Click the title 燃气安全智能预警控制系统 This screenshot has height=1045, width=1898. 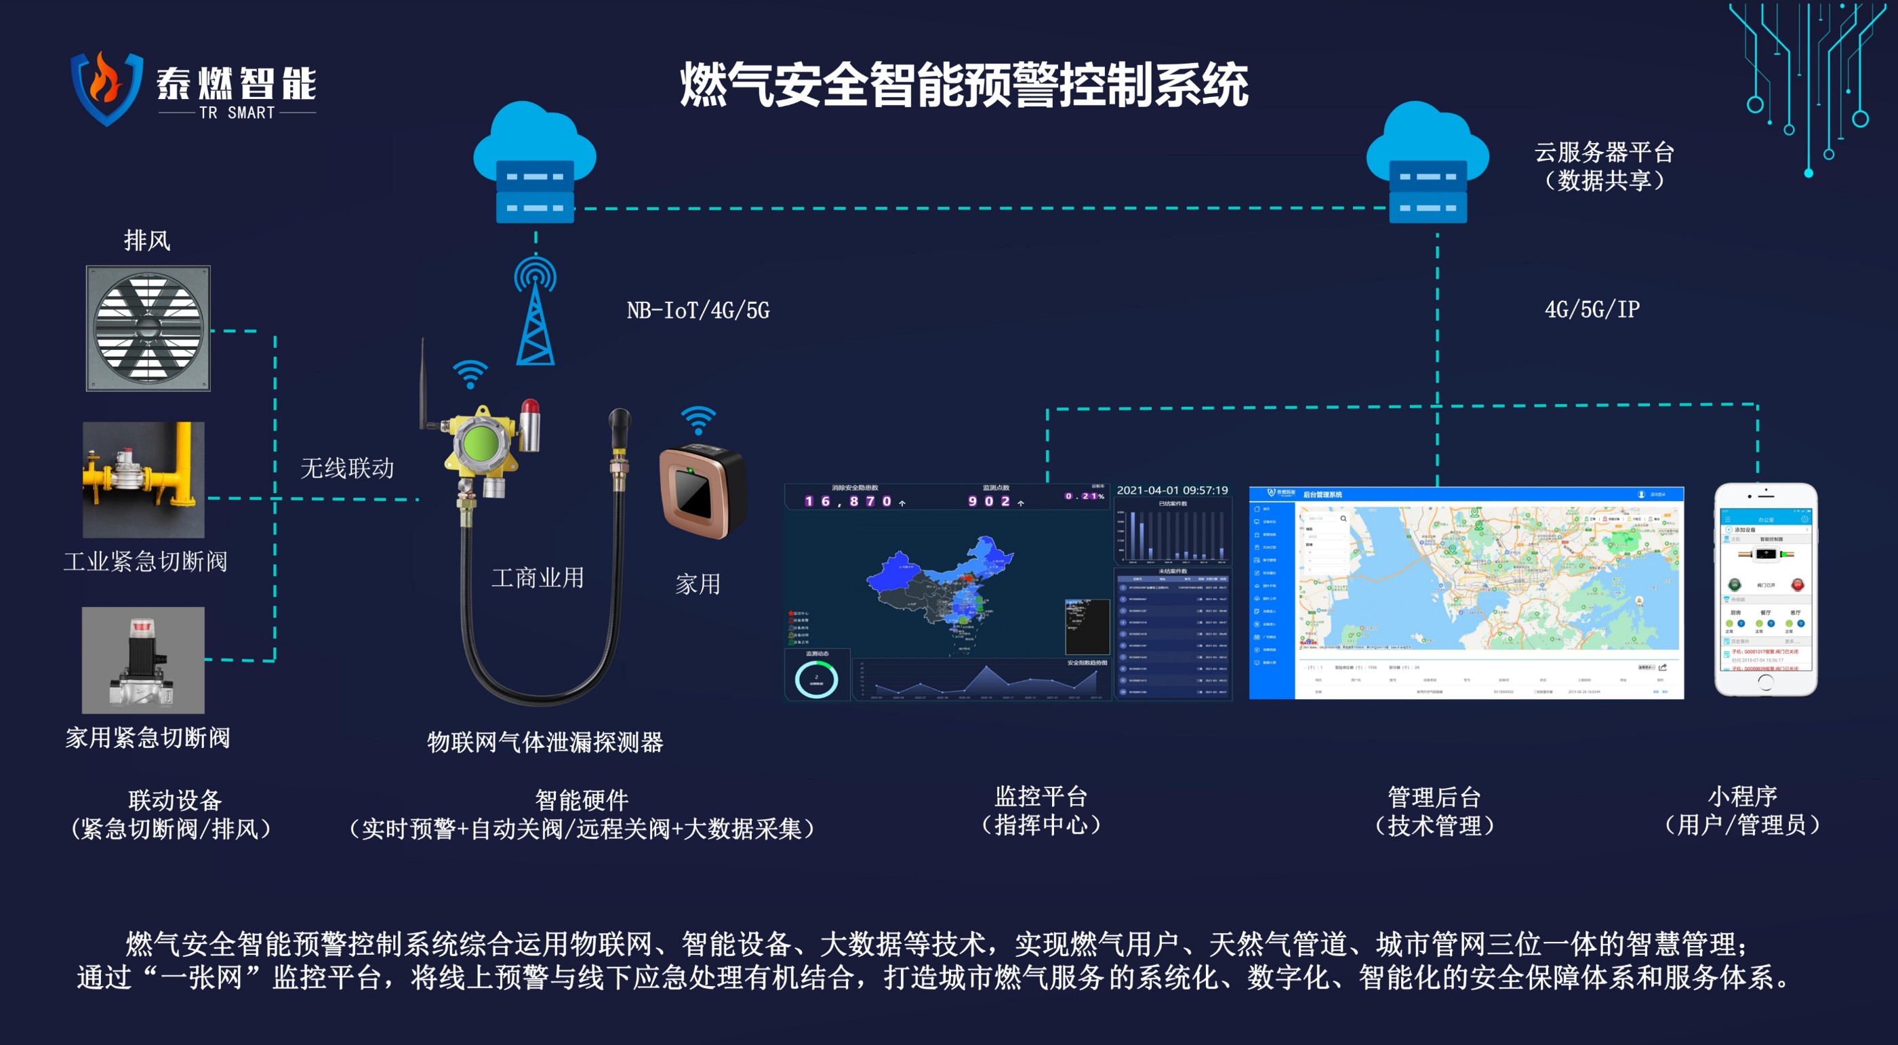964,84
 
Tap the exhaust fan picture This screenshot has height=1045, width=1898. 148,328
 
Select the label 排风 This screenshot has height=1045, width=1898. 147,240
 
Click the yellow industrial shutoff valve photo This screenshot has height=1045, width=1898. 144,479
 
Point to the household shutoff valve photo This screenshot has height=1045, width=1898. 143,660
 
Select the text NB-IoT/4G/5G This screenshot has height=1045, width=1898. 698,311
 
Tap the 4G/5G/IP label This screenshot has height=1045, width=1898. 1592,309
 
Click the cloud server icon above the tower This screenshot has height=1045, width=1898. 535,163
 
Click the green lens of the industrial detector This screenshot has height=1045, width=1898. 481,444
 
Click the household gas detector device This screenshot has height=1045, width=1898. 702,492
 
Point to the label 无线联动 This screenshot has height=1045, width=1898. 347,468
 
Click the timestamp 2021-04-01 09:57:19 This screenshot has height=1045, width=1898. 1172,490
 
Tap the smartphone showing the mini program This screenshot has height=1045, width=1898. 1765,589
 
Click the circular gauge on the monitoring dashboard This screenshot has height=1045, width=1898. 816,679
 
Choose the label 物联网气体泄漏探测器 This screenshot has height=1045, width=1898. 545,741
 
